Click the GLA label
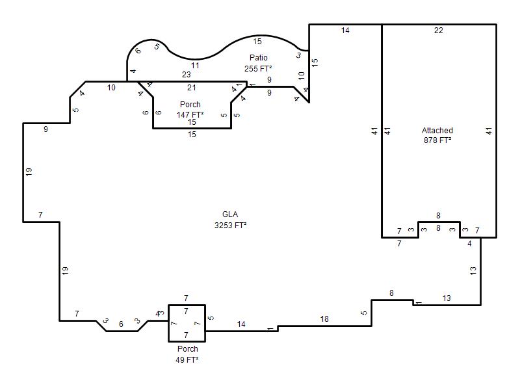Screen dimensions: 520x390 point(230,214)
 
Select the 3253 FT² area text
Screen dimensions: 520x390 point(230,226)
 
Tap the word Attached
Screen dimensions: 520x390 point(437,131)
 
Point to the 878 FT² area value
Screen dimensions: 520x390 point(437,140)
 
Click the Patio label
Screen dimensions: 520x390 point(258,58)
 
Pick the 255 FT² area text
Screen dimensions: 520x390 point(258,69)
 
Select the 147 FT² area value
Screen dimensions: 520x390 point(190,115)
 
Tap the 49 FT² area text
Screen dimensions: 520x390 point(187,359)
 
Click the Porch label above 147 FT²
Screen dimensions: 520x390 point(190,105)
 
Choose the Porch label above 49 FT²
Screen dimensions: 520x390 point(187,349)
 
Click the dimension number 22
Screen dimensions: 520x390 point(438,31)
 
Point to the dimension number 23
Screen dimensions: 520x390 point(187,75)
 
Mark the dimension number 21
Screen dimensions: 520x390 point(191,88)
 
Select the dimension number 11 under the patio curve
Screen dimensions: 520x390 point(195,66)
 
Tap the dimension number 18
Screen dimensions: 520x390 point(324,319)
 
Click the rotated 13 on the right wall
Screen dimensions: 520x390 point(473,270)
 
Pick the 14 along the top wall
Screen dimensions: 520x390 point(345,31)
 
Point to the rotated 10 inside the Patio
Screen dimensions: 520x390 point(301,75)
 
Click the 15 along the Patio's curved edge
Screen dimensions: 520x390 point(257,42)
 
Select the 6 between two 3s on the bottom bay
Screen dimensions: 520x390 point(121,324)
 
